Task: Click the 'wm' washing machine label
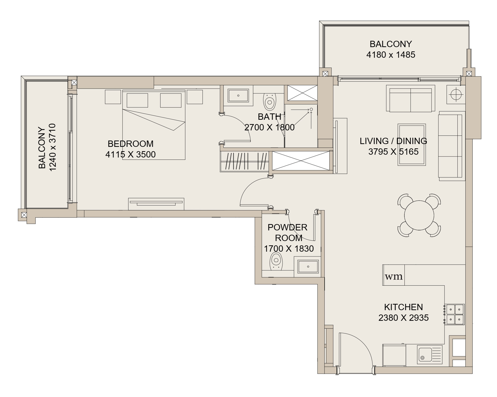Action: click(x=394, y=276)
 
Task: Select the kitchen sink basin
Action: click(x=425, y=354)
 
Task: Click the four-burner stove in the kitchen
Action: click(x=455, y=314)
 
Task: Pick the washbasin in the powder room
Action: click(x=308, y=267)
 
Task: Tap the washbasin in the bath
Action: click(x=238, y=95)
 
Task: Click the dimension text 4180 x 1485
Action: click(x=391, y=55)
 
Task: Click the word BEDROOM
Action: click(x=131, y=144)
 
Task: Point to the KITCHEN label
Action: click(x=403, y=307)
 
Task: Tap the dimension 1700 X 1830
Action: click(x=289, y=249)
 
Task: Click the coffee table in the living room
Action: click(x=412, y=145)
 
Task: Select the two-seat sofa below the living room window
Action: click(x=411, y=98)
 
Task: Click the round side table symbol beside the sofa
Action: click(x=456, y=94)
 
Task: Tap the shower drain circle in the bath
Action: click(x=311, y=109)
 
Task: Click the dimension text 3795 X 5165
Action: click(x=393, y=152)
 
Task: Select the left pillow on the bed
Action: click(x=137, y=100)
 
